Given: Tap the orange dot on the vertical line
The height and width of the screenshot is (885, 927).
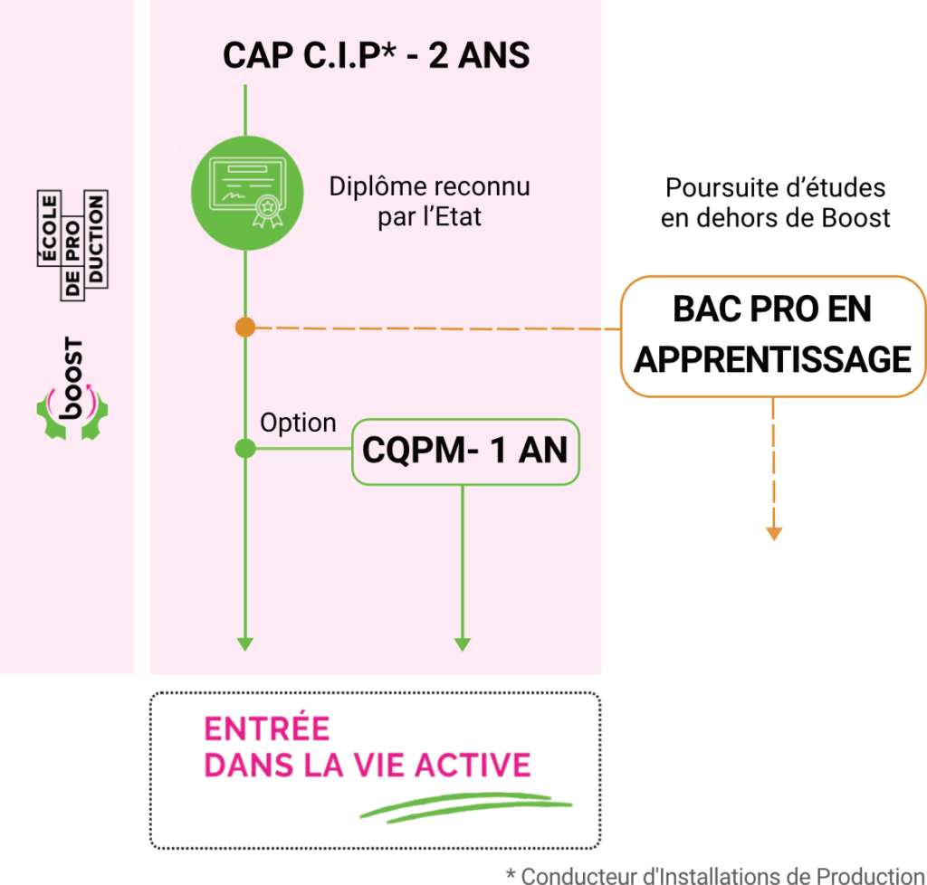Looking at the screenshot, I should pyautogui.click(x=244, y=327).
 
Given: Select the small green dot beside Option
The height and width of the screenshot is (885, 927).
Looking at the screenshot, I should pyautogui.click(x=244, y=448).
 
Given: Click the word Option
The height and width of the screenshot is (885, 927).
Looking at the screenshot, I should pyautogui.click(x=298, y=423).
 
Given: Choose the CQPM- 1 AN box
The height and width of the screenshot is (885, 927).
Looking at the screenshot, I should pyautogui.click(x=464, y=450).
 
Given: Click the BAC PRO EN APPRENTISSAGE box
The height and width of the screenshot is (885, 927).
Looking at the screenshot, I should pyautogui.click(x=772, y=335).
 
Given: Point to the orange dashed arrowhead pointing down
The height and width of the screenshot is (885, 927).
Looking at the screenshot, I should pyautogui.click(x=772, y=533).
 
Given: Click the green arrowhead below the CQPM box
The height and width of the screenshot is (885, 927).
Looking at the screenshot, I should pyautogui.click(x=463, y=644).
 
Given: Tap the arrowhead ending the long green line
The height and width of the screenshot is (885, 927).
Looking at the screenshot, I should pyautogui.click(x=244, y=644).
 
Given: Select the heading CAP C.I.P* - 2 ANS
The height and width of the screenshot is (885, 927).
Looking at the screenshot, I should pyautogui.click(x=376, y=55).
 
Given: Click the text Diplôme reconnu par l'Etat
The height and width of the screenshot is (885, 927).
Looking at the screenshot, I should pyautogui.click(x=429, y=202).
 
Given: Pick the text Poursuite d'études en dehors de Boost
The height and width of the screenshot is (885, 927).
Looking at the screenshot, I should pyautogui.click(x=775, y=203).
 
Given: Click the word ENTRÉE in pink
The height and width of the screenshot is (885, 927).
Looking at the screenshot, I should pyautogui.click(x=267, y=729).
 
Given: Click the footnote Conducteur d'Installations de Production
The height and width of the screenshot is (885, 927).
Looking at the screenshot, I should pyautogui.click(x=715, y=875).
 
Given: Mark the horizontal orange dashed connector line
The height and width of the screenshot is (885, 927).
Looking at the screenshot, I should pyautogui.click(x=435, y=328).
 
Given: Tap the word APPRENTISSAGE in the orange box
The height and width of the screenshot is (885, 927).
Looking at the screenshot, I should pyautogui.click(x=772, y=359).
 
